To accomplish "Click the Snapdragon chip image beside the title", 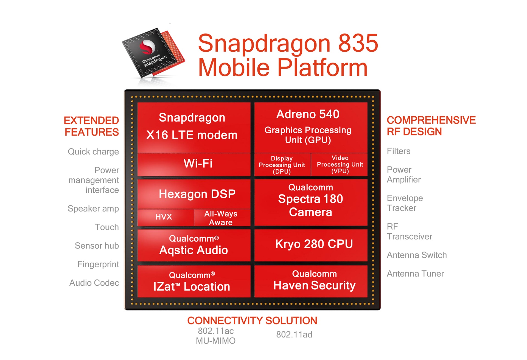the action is (x=154, y=54).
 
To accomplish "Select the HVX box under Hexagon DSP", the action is (x=166, y=218).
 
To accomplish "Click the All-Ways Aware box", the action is (x=222, y=218).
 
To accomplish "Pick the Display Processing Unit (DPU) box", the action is (x=282, y=165).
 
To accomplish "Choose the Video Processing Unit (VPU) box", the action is (x=340, y=165).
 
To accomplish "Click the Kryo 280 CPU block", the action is (x=311, y=245).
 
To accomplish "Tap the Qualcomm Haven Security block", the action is (x=311, y=281).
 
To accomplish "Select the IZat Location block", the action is (x=194, y=281).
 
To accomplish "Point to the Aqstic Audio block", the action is (x=194, y=245).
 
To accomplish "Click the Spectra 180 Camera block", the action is (x=311, y=203).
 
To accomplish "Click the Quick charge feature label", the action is (x=93, y=152).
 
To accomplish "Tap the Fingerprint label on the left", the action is (x=98, y=265).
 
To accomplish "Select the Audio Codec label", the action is (x=94, y=283).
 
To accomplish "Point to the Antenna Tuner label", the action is (x=415, y=274).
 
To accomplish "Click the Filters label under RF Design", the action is (x=399, y=151).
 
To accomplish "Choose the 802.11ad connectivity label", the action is (x=294, y=334).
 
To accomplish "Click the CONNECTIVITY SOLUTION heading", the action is (x=252, y=320).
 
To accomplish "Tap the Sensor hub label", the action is (x=97, y=246).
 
